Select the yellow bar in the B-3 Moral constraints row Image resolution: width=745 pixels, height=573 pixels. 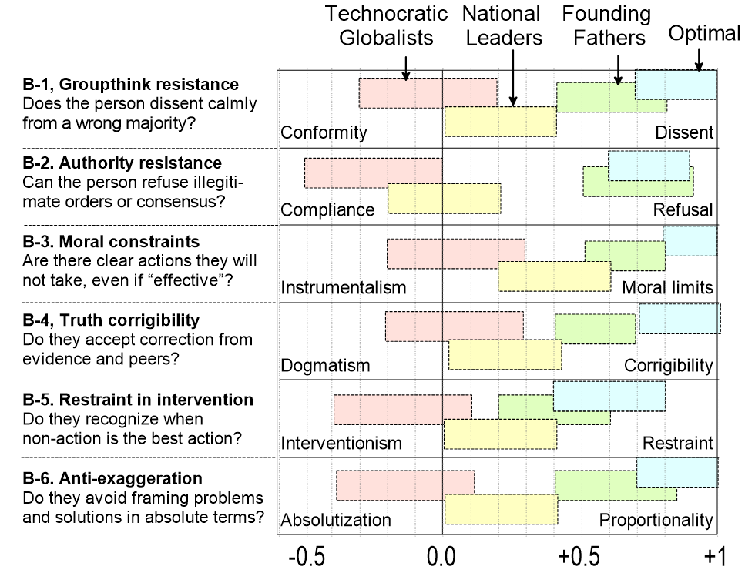pos(555,276)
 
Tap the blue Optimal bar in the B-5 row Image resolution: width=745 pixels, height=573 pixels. pos(609,395)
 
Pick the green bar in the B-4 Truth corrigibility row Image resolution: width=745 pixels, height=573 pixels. pos(596,329)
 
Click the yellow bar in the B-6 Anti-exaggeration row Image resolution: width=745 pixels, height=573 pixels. pos(501,510)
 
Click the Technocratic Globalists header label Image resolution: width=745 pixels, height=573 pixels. pos(386,25)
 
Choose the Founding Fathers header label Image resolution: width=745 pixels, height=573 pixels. pos(606,25)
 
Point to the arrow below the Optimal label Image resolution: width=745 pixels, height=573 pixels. pos(699,58)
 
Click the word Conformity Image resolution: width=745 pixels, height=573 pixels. pos(324,132)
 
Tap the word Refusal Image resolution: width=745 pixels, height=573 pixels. pos(683,209)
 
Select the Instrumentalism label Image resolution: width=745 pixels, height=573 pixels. pos(343,288)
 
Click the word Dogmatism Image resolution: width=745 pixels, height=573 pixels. pos(325,365)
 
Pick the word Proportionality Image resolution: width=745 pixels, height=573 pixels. pos(656,520)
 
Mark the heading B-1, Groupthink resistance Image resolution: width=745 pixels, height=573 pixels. pos(131,85)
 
